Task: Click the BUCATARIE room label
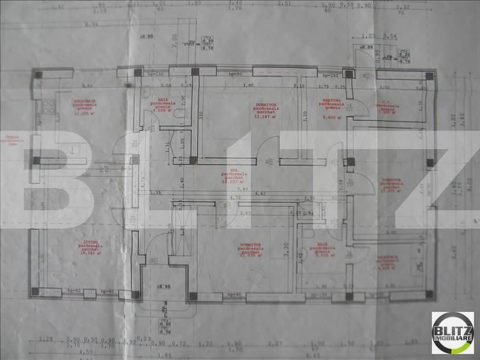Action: [85, 102]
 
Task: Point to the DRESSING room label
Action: [330, 103]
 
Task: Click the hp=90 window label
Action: [235, 75]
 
